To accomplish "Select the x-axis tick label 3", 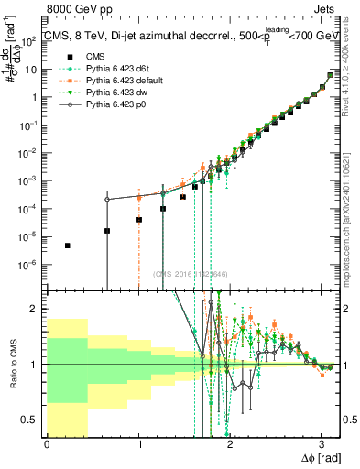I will tap(322, 444).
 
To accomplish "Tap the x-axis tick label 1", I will tap(138, 444).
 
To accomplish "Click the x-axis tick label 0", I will tap(47, 444).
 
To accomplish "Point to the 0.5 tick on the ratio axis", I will tap(34, 420).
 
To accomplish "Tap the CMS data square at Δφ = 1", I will tap(138, 220).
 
